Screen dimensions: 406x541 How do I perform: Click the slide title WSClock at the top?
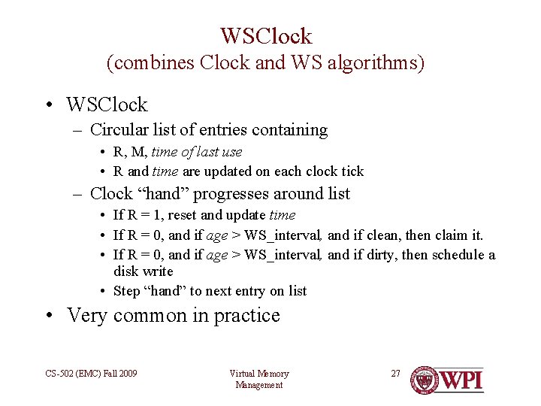266,35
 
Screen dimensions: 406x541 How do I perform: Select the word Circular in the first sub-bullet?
122,130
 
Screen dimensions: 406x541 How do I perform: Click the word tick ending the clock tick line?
351,171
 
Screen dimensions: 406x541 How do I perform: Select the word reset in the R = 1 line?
183,216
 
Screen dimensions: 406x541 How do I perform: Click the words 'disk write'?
144,271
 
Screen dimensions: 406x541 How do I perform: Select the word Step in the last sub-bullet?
126,291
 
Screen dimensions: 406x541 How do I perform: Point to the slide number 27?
396,373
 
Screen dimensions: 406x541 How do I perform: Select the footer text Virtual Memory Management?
258,379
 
